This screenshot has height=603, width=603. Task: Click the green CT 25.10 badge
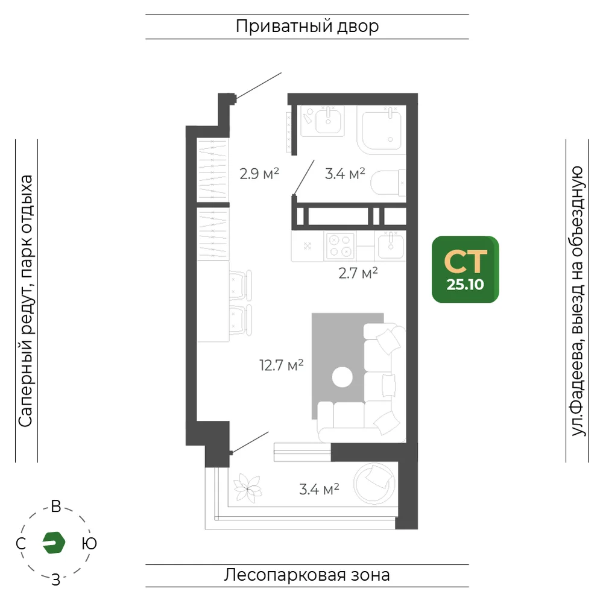click(465, 269)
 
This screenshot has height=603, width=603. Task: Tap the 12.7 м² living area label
click(282, 365)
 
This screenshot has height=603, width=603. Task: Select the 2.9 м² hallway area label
click(259, 174)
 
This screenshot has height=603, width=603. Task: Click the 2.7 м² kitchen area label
click(358, 273)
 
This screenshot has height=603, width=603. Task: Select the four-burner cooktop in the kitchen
click(340, 246)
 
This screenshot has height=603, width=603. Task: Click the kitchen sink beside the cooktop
click(391, 246)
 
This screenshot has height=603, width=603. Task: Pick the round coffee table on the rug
click(343, 377)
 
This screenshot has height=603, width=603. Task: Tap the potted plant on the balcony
click(248, 488)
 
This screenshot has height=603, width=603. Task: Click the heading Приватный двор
click(308, 26)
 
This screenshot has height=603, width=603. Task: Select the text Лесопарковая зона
click(307, 575)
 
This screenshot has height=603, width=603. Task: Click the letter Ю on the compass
click(89, 543)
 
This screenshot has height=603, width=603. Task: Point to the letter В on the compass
click(56, 507)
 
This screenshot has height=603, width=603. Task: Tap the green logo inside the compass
click(54, 543)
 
